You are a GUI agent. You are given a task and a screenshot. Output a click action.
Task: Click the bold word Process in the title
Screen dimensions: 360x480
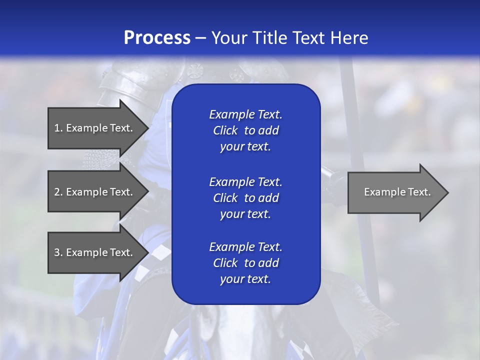pos(157,38)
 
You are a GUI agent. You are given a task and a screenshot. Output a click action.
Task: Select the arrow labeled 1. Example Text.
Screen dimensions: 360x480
pos(95,128)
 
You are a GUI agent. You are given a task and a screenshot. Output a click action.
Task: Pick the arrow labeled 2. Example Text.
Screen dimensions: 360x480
pos(95,192)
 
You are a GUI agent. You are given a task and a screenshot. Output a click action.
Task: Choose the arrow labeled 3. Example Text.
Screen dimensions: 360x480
pos(95,252)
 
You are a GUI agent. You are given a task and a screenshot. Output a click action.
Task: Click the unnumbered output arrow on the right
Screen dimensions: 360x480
pos(395,192)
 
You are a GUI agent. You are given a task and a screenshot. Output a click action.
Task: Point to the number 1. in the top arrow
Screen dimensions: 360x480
pos(58,128)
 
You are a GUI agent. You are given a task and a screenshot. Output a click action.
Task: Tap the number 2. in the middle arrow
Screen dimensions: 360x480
pos(58,192)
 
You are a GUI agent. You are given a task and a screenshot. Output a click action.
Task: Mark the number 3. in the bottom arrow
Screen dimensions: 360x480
pos(58,252)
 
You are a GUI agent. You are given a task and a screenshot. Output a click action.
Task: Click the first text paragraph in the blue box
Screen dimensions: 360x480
pos(245,130)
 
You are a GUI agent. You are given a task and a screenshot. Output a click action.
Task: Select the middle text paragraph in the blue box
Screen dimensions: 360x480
pos(245,197)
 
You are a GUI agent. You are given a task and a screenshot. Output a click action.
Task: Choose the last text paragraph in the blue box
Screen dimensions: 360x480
pos(245,263)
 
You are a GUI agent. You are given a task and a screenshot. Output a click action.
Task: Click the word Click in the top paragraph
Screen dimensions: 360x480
pos(225,130)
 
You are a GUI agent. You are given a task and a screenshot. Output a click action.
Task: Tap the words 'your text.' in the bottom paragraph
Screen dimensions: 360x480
pos(245,279)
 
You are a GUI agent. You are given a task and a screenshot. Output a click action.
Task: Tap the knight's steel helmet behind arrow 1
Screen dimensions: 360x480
pos(125,85)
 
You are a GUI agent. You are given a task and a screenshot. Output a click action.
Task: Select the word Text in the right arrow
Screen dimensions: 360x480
pos(419,192)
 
